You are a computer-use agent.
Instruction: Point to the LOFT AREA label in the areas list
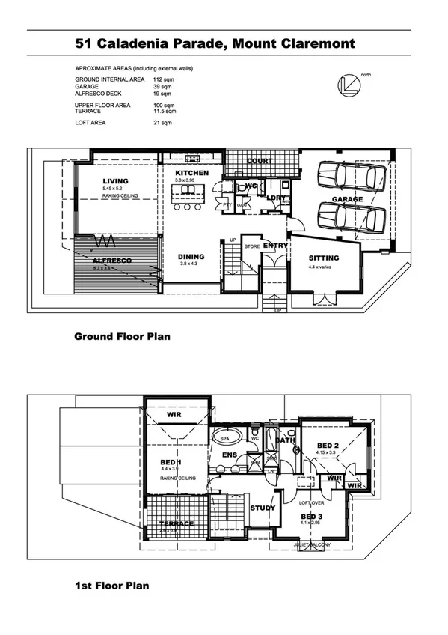(92, 122)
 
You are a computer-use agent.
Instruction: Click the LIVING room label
(115, 181)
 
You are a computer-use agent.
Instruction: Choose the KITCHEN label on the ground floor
(191, 173)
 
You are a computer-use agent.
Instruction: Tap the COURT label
(260, 161)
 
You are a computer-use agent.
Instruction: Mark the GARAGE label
(347, 199)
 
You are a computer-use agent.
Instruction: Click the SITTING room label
(323, 258)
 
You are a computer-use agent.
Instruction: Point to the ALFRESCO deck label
(112, 260)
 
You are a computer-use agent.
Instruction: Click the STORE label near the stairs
(251, 245)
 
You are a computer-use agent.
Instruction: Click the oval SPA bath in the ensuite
(224, 437)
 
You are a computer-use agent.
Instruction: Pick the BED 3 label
(311, 517)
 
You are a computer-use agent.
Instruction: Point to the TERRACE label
(177, 523)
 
